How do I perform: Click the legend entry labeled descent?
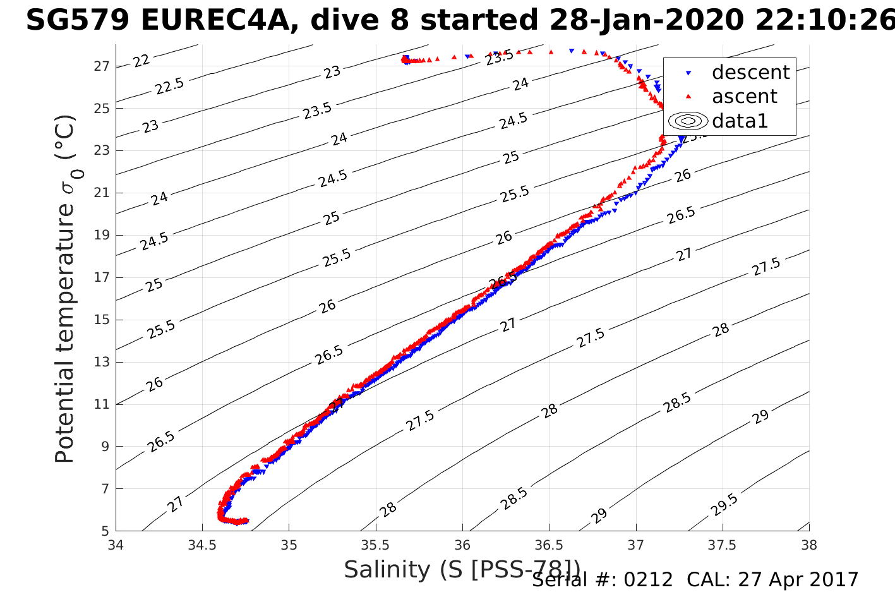pyautogui.click(x=750, y=73)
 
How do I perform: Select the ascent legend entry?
pyautogui.click(x=744, y=97)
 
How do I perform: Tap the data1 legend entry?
pyautogui.click(x=739, y=121)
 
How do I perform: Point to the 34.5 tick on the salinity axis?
pyautogui.click(x=202, y=545)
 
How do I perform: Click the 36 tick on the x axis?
pyautogui.click(x=462, y=545)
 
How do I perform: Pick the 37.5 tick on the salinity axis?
pyautogui.click(x=722, y=545)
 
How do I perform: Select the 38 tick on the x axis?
pyautogui.click(x=808, y=545)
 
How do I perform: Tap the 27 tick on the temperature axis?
pyautogui.click(x=102, y=66)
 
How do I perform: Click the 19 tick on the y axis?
pyautogui.click(x=102, y=235)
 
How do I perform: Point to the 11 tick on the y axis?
pyautogui.click(x=102, y=404)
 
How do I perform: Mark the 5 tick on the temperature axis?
pyautogui.click(x=106, y=531)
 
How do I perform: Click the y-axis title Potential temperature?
pyautogui.click(x=65, y=289)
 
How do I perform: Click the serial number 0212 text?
pyautogui.click(x=648, y=580)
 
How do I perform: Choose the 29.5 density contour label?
pyautogui.click(x=724, y=505)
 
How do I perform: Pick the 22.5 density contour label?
pyautogui.click(x=169, y=86)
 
